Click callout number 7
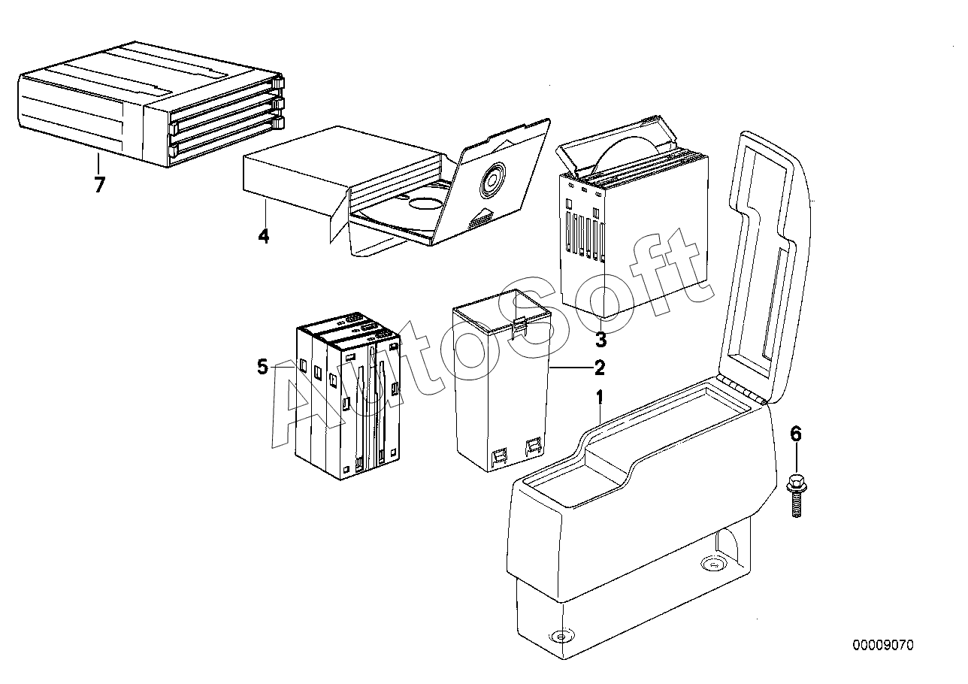coord(99,185)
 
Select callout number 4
coord(264,236)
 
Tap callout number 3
coord(600,340)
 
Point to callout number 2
coord(600,368)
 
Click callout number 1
coord(600,397)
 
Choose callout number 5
coord(263,367)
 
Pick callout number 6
coord(796,434)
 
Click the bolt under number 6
coord(797,495)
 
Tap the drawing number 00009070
coord(883,645)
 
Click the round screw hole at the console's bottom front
coord(561,636)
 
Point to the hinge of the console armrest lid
coord(743,391)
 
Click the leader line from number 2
coord(571,368)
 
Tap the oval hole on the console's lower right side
coord(712,564)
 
